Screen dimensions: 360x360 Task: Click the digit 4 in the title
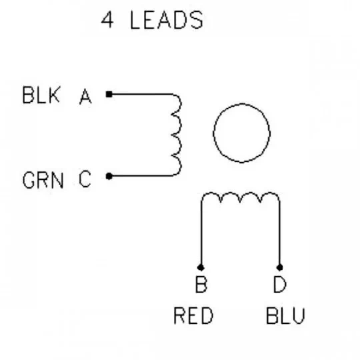click(107, 20)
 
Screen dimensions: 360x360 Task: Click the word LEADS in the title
click(167, 20)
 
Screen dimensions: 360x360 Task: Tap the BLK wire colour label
click(41, 95)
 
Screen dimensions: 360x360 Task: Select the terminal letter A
click(85, 97)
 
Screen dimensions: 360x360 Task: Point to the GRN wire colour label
click(43, 180)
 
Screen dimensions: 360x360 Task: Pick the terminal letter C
click(85, 179)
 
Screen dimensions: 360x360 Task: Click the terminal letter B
click(201, 284)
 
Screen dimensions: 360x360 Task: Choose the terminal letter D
click(280, 284)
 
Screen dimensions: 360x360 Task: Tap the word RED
click(194, 316)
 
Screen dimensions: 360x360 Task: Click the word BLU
click(285, 316)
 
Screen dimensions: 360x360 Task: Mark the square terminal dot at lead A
click(109, 94)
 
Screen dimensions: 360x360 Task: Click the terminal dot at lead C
click(109, 176)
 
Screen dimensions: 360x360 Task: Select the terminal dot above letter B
click(201, 267)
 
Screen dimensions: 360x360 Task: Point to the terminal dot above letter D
click(280, 267)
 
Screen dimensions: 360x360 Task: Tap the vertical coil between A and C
click(181, 135)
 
